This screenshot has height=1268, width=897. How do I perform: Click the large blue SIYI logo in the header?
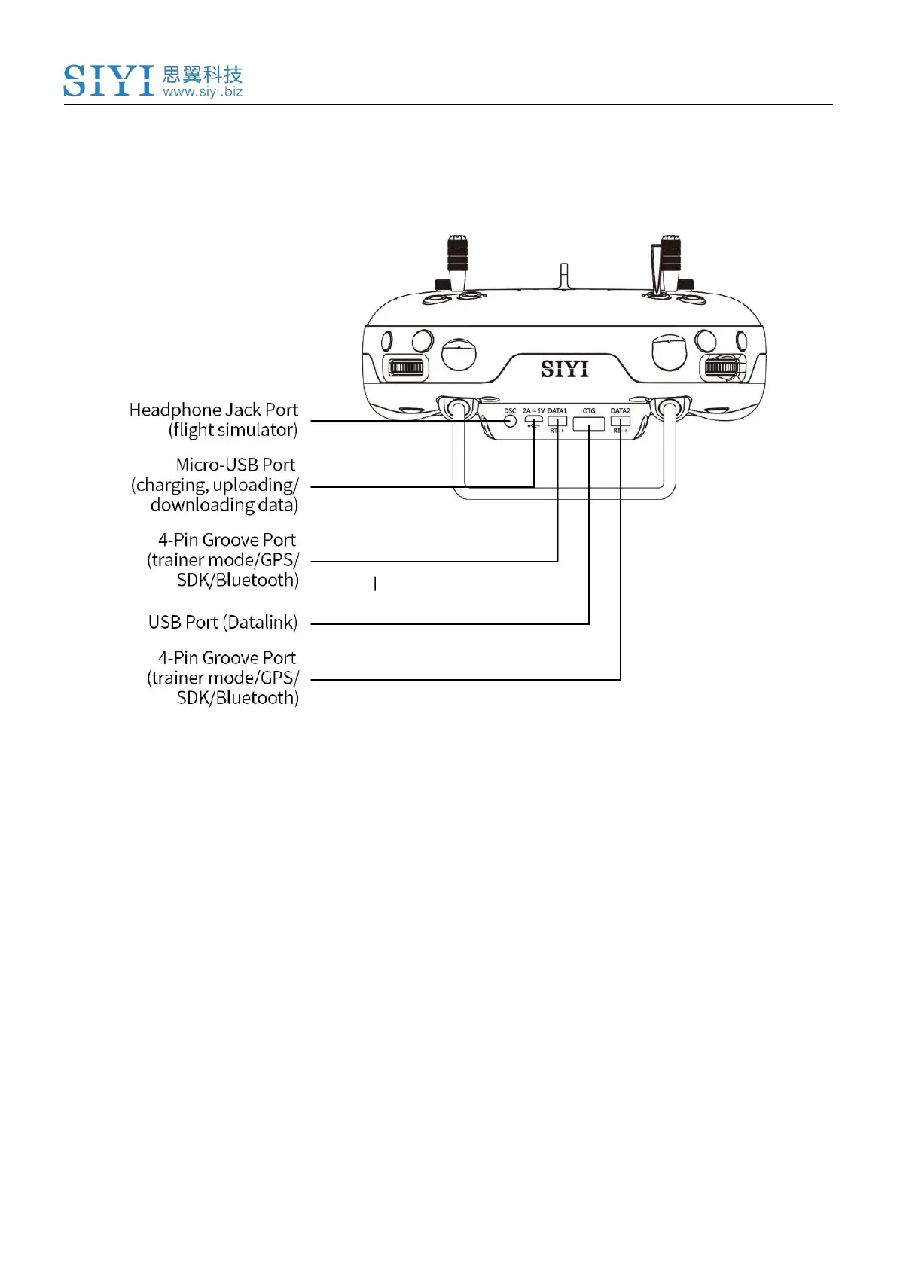[x=108, y=81]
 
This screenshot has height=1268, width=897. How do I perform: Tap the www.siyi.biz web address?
[x=203, y=92]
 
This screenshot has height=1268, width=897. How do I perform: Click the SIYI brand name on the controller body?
[x=564, y=369]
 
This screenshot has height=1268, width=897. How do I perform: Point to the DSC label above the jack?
[x=510, y=411]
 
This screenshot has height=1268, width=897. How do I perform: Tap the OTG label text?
[x=589, y=411]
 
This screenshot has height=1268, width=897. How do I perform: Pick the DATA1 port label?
[x=557, y=411]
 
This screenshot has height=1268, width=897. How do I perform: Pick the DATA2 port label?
[x=620, y=411]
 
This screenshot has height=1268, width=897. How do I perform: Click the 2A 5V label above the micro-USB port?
[x=533, y=411]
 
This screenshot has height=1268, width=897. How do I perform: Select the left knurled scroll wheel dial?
[x=407, y=368]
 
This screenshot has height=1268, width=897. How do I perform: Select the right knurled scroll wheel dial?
[x=722, y=367]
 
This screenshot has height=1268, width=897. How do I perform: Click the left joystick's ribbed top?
[x=457, y=251]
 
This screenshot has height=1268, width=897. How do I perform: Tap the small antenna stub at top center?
[x=564, y=276]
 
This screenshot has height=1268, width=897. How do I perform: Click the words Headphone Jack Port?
[x=214, y=410]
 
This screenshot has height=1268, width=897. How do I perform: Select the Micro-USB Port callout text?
[x=236, y=465]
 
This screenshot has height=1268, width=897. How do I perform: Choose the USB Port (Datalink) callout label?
[x=223, y=623]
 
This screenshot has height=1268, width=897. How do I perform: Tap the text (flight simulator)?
[x=233, y=430]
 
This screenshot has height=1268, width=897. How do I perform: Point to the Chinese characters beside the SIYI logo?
[x=203, y=74]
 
